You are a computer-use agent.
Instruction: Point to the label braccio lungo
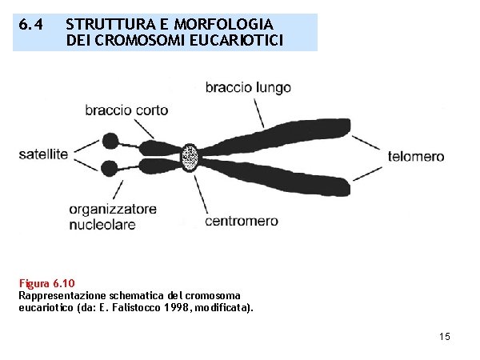click(248, 87)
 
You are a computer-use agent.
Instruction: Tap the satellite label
click(43, 154)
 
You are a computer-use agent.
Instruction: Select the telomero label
click(416, 156)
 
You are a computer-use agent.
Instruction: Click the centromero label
click(242, 220)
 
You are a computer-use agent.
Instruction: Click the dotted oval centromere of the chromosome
click(190, 157)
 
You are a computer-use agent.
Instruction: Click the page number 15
click(445, 337)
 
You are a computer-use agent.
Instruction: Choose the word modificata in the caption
click(223, 306)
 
